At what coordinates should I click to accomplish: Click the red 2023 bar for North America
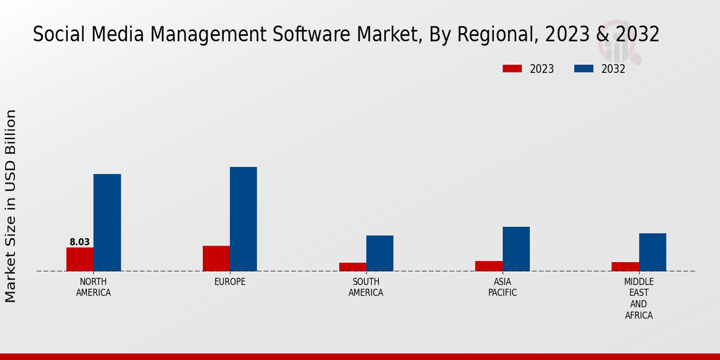point(80,259)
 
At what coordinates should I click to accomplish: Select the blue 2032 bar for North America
point(107,223)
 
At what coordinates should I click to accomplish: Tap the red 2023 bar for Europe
point(216,259)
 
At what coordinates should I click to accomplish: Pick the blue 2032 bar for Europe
point(243,219)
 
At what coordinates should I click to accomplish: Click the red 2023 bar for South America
point(352,267)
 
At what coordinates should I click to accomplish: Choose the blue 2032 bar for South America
point(380,253)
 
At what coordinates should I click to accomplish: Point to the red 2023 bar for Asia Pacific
point(488,266)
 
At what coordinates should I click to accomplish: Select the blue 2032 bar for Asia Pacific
point(516,249)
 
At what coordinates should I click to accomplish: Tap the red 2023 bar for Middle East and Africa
point(625,266)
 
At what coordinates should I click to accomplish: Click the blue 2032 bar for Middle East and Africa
point(652,252)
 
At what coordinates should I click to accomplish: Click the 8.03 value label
point(80,242)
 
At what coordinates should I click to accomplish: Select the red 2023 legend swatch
point(512,69)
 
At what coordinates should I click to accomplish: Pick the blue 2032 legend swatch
point(584,69)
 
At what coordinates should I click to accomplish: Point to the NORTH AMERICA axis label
point(94,287)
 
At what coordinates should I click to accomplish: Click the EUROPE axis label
point(230,282)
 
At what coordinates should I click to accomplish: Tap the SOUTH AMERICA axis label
point(366,287)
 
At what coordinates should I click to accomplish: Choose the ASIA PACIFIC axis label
point(502,287)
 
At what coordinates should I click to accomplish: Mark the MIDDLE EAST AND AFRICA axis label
point(639,298)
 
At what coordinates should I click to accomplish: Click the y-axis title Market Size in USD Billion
point(11,206)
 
